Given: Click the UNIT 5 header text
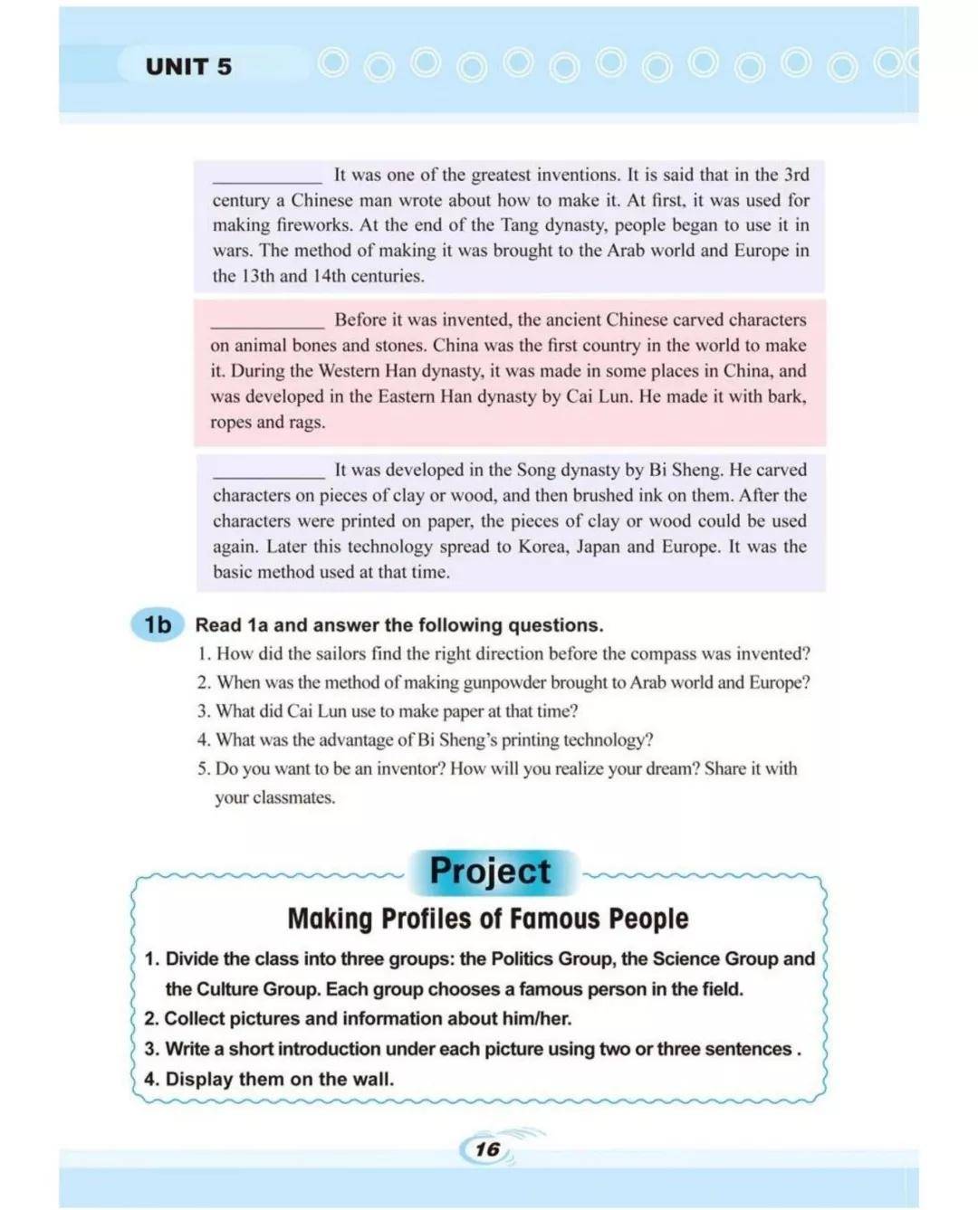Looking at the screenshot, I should pyautogui.click(x=188, y=67).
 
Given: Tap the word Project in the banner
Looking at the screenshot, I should pyautogui.click(x=490, y=871).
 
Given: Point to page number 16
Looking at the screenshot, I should pyautogui.click(x=487, y=1149).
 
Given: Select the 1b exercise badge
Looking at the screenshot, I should pyautogui.click(x=158, y=624).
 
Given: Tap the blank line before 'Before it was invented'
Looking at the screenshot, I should pyautogui.click(x=267, y=321).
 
